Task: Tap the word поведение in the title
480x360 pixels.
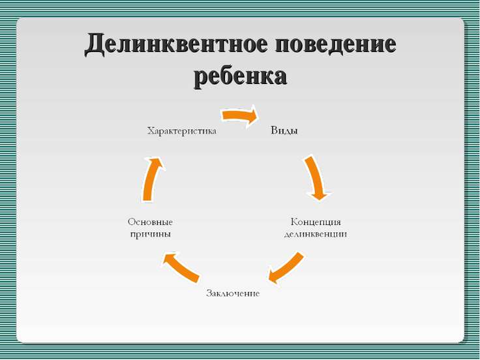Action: [335, 44]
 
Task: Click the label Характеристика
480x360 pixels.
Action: [182, 131]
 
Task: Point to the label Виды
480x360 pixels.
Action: [284, 130]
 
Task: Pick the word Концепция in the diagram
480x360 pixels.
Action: [316, 222]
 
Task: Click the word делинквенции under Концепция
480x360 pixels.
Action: [316, 234]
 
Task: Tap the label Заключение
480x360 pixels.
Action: [233, 293]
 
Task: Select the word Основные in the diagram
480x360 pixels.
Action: [150, 222]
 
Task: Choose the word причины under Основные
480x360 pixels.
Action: [150, 235]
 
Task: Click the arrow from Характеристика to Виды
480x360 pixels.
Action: [239, 115]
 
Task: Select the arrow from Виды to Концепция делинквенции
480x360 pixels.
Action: [318, 177]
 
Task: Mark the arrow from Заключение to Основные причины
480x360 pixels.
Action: [181, 267]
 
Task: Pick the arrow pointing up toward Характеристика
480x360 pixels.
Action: [151, 179]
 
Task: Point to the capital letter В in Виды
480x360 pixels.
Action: [275, 130]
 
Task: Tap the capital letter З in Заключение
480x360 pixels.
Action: [209, 293]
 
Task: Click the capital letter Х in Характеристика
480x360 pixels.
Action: [151, 131]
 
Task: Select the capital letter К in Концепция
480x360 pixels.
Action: [294, 222]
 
